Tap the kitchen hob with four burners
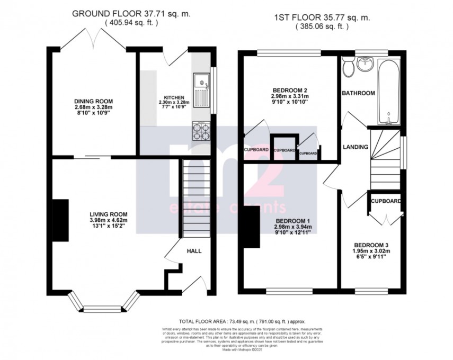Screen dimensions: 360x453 [201, 130]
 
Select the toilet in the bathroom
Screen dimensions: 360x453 [348, 67]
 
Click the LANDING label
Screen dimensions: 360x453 [355, 147]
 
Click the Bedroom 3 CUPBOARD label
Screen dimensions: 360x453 [385, 202]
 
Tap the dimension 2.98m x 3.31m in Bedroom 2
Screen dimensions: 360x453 [289, 96]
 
